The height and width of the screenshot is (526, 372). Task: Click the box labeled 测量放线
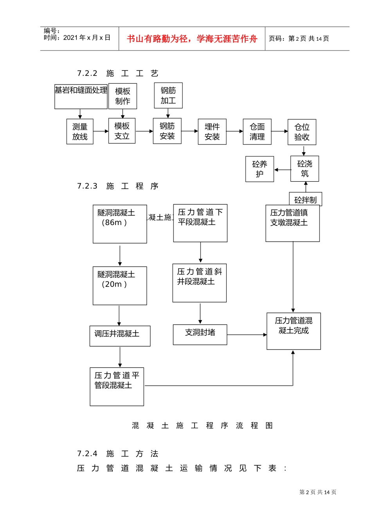coord(80,131)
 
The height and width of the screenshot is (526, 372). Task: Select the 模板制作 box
coord(123,96)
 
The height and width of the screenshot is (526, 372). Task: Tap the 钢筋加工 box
coord(168,95)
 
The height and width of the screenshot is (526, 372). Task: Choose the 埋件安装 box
coord(212,131)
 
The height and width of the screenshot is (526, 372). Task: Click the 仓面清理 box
coord(257,131)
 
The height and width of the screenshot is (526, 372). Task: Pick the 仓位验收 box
coord(302,132)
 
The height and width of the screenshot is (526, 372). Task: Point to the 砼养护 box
coord(260,169)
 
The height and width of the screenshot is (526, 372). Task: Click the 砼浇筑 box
coord(305,169)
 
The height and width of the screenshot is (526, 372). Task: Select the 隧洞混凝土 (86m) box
coord(120,224)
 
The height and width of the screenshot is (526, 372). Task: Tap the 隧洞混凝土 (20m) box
coord(120,286)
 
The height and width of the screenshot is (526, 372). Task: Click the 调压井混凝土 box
coord(120,336)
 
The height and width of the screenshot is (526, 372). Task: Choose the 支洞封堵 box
coord(200,335)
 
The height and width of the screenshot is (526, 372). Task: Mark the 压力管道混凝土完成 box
coord(294,331)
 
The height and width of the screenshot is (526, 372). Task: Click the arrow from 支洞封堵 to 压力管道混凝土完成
coord(247,335)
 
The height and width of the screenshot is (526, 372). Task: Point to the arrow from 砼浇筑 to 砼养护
coord(282,169)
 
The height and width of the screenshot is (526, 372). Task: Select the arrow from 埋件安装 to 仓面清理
coord(235,131)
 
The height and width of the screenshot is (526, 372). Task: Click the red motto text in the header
coord(192,39)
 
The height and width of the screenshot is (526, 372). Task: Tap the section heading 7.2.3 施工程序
coord(118,186)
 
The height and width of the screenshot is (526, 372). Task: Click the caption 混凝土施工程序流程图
coord(202,425)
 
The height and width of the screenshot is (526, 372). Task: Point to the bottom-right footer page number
coord(318,492)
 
